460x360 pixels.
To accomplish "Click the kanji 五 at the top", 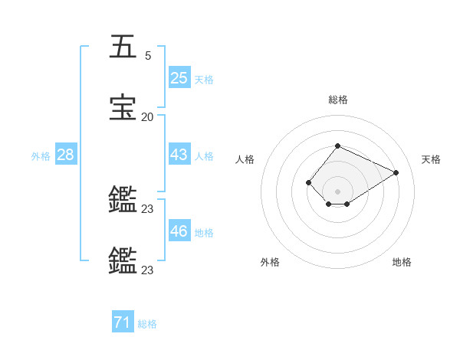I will tap(123, 47).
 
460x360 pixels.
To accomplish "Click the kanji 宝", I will tap(123, 107).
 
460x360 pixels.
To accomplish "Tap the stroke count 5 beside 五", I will tap(148, 56).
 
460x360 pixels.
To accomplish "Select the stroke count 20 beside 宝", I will tap(147, 117).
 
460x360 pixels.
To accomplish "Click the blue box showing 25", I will tap(179, 77).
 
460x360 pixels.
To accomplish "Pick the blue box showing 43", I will tap(179, 154).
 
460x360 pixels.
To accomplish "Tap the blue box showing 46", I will tap(179, 231).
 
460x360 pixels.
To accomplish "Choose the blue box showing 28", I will tap(66, 154).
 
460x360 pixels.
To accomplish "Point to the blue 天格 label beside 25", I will tap(204, 80).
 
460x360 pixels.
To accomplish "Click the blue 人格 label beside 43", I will tap(204, 156).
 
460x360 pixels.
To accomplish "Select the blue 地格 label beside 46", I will tap(204, 233).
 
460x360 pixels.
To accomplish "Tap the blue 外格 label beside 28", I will tap(41, 156).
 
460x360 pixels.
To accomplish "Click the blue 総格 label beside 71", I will tap(147, 325).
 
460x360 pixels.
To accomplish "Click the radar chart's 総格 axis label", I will tap(337, 100).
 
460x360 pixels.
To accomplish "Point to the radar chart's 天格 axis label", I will tap(431, 159).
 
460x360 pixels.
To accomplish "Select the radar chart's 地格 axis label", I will tap(402, 262).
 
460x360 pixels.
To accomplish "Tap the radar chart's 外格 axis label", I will tap(270, 262).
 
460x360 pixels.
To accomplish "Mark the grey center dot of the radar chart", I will tap(337, 191).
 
